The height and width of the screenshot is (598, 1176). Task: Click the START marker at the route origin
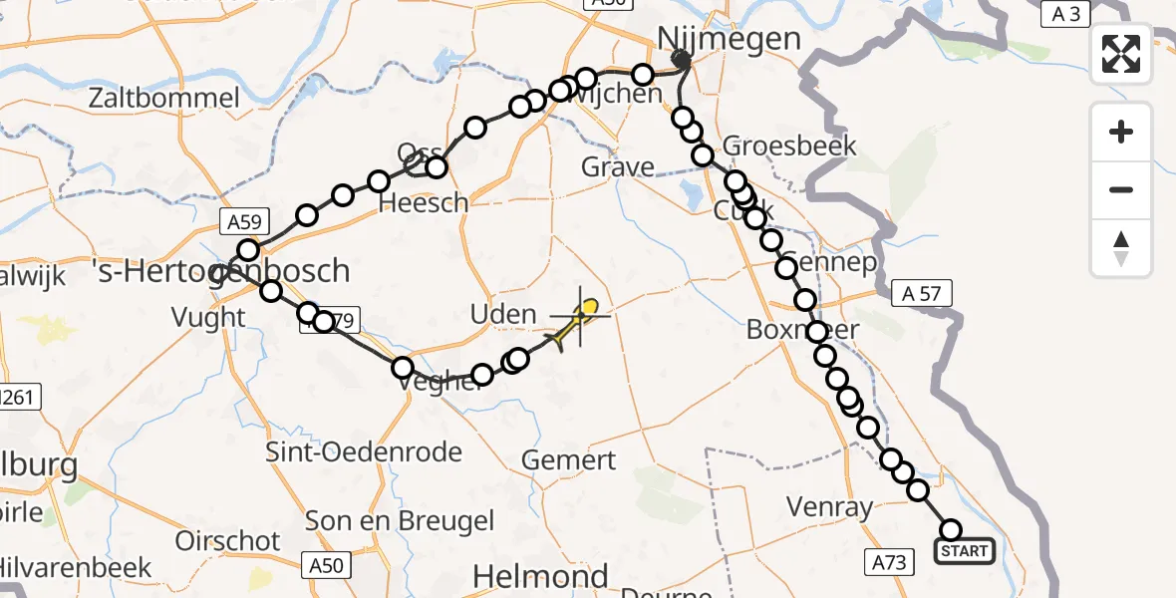click(x=964, y=551)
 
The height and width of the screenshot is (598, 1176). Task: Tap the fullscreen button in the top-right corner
click(x=1121, y=54)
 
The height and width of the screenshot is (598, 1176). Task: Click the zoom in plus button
click(x=1121, y=132)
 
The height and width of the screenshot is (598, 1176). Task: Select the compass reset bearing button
click(x=1121, y=247)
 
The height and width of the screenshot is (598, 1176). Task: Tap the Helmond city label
click(x=540, y=576)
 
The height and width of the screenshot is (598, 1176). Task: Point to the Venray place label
click(x=829, y=506)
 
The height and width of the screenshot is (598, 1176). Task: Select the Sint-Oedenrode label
click(x=364, y=451)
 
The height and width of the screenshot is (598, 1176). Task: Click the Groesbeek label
click(x=789, y=146)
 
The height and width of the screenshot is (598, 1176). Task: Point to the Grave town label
click(x=618, y=166)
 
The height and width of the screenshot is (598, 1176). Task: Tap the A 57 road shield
click(x=922, y=293)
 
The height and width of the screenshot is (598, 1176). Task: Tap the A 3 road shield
click(x=1065, y=14)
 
